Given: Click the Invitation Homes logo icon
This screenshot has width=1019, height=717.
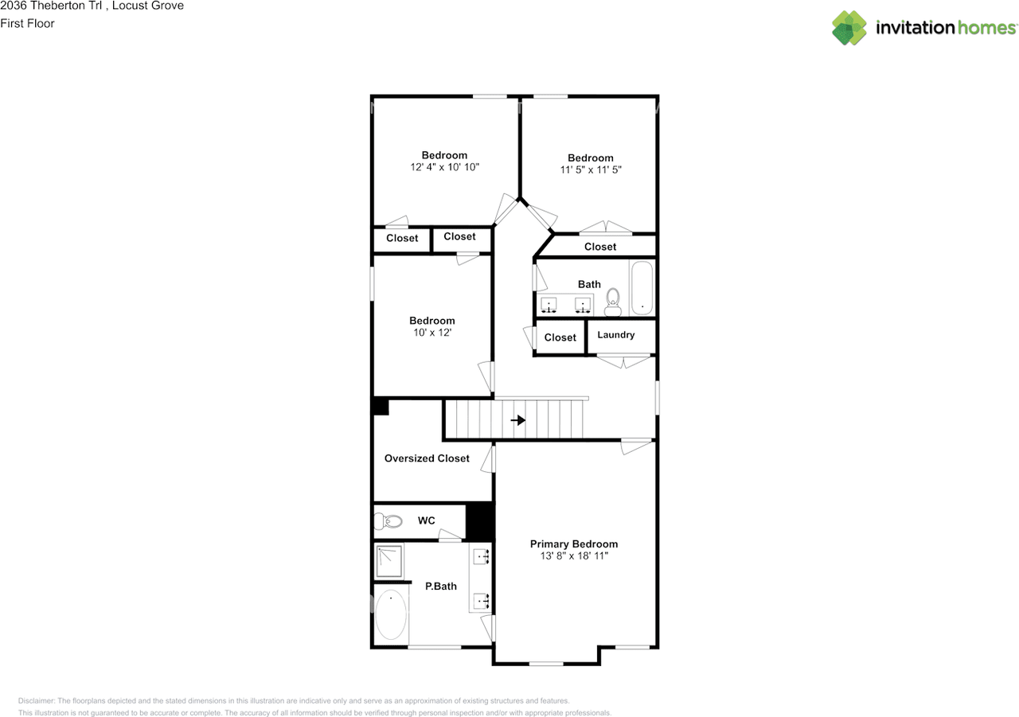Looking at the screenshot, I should (x=849, y=28).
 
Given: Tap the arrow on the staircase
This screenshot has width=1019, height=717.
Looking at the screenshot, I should (x=517, y=420).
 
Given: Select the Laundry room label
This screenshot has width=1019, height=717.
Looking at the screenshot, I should (x=616, y=335).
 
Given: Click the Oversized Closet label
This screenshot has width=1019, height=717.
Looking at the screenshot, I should (x=427, y=458).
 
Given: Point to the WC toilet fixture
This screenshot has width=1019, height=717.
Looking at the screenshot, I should (x=389, y=522).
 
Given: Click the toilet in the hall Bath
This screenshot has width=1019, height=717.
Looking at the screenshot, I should (x=612, y=298).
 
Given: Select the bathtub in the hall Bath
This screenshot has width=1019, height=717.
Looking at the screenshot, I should (x=642, y=287).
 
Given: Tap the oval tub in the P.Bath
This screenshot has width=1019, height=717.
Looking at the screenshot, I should (x=391, y=615).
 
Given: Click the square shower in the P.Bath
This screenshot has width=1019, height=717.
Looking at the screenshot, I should (x=390, y=562).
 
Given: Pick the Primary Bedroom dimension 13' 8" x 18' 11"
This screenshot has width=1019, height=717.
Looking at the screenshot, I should (x=573, y=556).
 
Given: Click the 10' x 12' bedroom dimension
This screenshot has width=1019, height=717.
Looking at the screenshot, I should (x=431, y=333).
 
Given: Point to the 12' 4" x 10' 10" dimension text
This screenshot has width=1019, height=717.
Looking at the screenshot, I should (x=444, y=167).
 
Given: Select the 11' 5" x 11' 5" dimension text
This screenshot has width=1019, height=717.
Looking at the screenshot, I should (x=590, y=170).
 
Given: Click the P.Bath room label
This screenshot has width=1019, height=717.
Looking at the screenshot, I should (x=441, y=586).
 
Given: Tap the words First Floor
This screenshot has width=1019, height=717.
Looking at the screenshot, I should (x=27, y=23).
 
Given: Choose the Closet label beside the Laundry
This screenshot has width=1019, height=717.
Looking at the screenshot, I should (x=560, y=337).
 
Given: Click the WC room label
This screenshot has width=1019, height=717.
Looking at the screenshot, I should (x=427, y=520).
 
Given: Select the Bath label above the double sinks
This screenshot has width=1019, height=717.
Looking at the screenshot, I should (x=589, y=284).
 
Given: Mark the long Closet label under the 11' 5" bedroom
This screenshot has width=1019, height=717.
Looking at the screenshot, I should (x=600, y=247).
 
